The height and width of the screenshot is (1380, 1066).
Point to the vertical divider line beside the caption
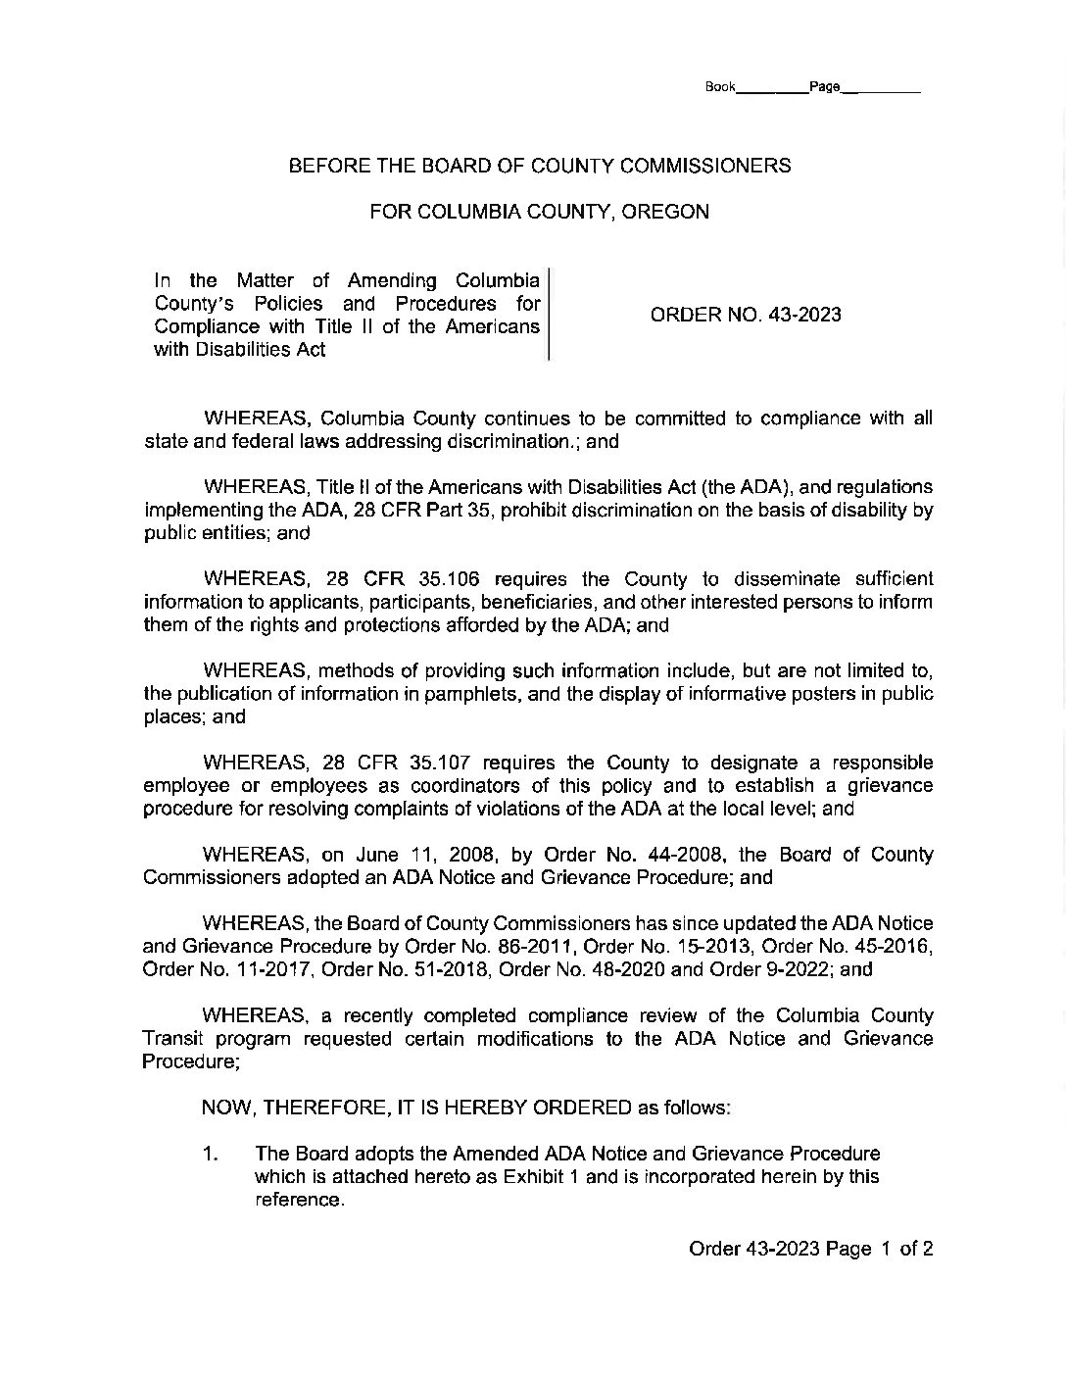pos(548,314)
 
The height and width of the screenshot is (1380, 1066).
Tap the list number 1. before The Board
pos(210,1154)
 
